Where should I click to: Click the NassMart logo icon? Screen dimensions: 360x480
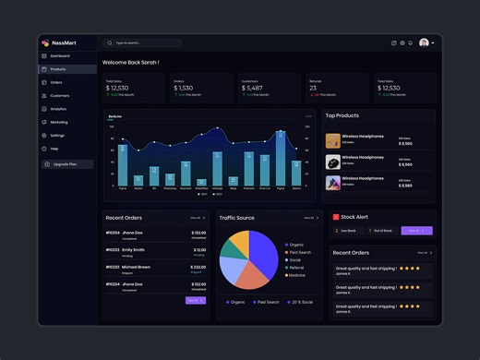tap(45, 42)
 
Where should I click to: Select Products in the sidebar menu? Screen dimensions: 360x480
tap(57, 69)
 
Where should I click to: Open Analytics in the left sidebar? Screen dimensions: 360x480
tap(58, 109)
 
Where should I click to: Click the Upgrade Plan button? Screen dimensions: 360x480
tap(67, 163)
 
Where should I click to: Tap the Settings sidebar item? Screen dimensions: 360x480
tap(57, 136)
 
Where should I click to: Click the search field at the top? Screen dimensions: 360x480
tap(143, 42)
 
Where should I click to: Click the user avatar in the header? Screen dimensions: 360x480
tap(424, 42)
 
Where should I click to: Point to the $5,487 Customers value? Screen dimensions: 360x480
tap(253, 88)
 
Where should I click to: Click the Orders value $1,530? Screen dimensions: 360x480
tap(184, 88)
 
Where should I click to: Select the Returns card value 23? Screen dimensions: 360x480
tap(314, 88)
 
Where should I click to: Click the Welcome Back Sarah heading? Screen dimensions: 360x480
tap(130, 62)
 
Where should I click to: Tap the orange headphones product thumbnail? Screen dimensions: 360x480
tap(333, 141)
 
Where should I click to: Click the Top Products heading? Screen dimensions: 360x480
tap(342, 115)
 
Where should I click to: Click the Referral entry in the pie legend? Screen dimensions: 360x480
tap(296, 267)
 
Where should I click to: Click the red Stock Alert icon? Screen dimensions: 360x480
tap(336, 217)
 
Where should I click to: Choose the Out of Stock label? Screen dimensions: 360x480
tap(381, 231)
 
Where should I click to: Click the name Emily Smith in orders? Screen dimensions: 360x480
tap(133, 249)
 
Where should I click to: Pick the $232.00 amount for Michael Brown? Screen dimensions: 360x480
tap(198, 267)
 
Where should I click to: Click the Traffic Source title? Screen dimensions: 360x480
tap(237, 218)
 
